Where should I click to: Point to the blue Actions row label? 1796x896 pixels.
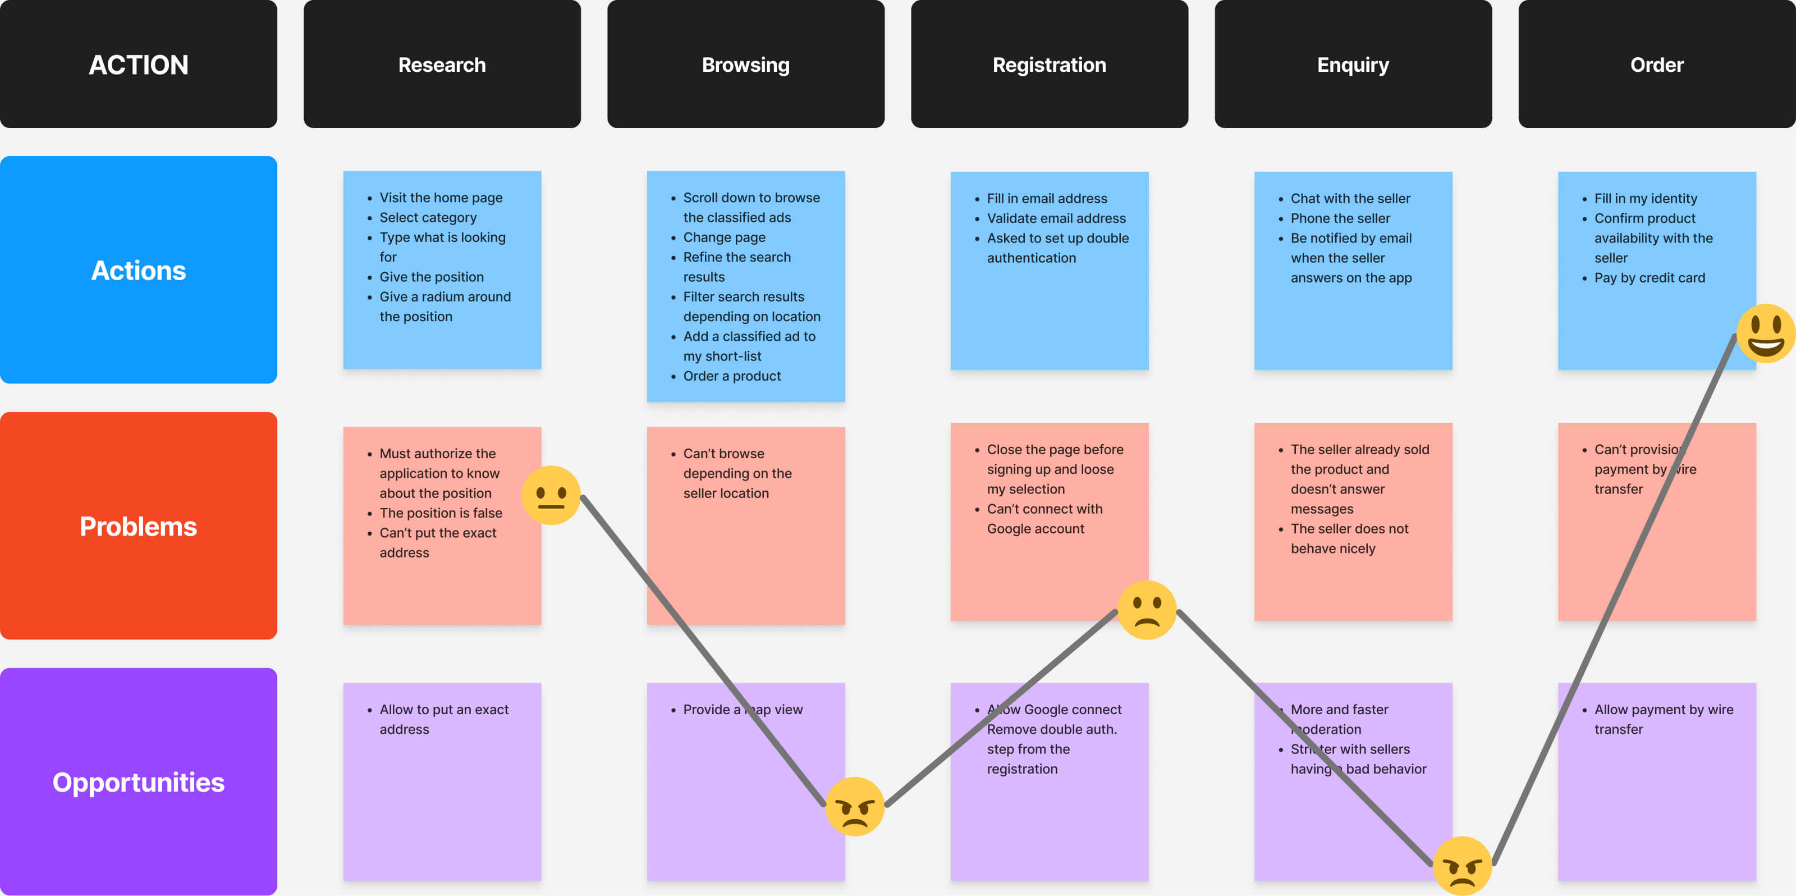pos(138,270)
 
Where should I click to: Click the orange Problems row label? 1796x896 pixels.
pos(138,525)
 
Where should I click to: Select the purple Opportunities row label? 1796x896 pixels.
pos(138,781)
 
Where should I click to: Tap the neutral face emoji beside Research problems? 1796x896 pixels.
pos(551,495)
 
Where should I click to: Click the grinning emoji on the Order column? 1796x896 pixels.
pos(1765,332)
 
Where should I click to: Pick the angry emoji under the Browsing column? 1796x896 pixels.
pos(854,806)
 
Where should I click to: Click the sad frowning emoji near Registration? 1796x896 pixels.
pos(1146,610)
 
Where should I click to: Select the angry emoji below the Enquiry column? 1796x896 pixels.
pos(1461,865)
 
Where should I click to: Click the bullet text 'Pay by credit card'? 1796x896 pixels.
pos(1649,277)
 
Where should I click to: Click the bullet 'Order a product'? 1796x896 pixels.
pos(731,376)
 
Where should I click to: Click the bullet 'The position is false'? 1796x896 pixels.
pos(440,513)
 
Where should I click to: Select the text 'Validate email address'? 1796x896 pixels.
pos(1056,218)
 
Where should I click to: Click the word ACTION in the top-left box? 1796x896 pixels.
pos(138,65)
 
